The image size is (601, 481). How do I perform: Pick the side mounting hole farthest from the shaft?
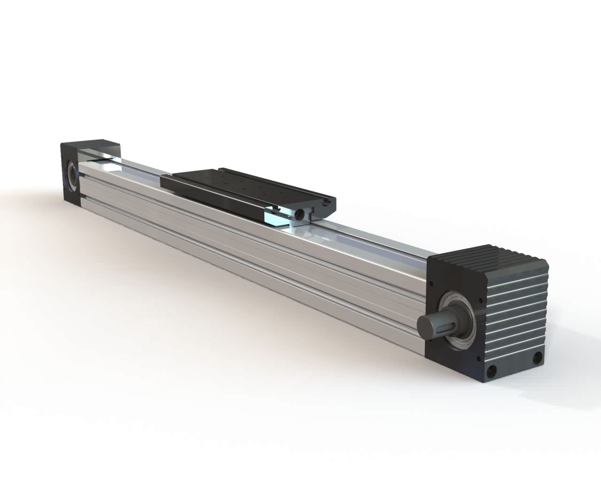pyautogui.click(x=535, y=360)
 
